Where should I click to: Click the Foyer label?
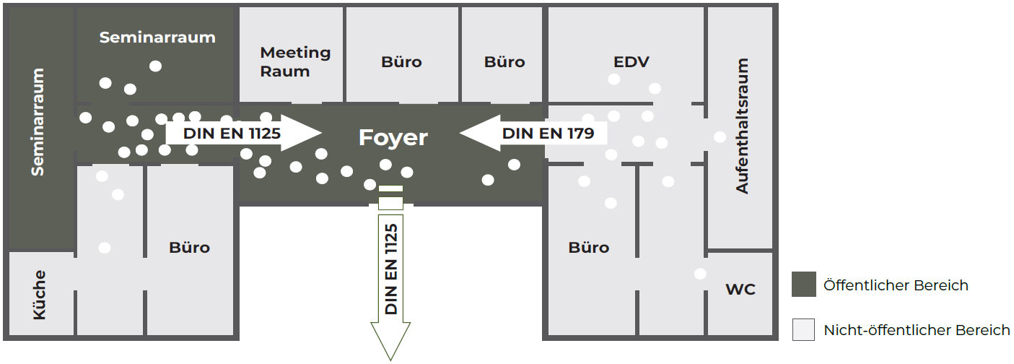tap(393, 137)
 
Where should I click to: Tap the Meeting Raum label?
tap(295, 62)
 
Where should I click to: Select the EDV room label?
tap(631, 62)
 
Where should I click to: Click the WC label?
tap(740, 290)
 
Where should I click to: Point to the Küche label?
tap(39, 295)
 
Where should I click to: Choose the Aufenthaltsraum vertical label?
tap(742, 126)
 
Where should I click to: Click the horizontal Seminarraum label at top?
tap(157, 38)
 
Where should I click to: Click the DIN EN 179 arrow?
tap(534, 133)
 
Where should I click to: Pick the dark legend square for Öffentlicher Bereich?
tap(803, 285)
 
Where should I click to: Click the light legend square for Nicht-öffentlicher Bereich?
tap(803, 329)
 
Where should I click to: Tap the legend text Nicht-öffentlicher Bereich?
tap(917, 331)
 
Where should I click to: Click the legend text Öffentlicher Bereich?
tap(896, 285)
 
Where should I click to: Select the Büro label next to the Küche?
tap(189, 248)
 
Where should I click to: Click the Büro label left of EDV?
tap(504, 62)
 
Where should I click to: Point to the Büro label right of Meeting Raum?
tap(401, 62)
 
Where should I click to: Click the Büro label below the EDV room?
tap(589, 248)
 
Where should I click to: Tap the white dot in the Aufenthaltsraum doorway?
tap(720, 137)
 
